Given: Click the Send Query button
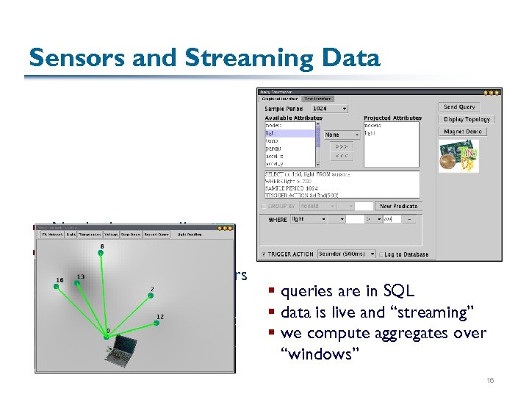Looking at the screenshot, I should (460, 107).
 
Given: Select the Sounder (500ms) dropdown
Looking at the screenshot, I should (346, 254).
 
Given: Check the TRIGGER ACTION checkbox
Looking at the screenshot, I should (264, 254).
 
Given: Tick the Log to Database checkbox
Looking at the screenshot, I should (381, 254).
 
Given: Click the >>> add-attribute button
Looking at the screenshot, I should (342, 146).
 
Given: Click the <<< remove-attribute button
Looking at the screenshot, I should (342, 157).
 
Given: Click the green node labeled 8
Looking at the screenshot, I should (102, 254).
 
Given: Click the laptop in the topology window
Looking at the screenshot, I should (120, 356).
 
